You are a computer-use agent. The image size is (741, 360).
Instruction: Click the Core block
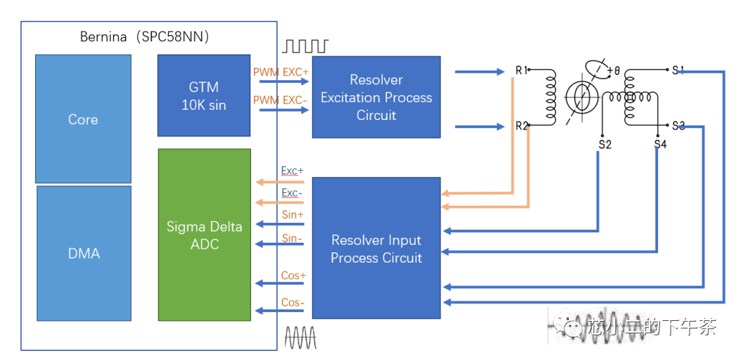coord(83,119)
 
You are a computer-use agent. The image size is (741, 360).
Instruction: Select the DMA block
coord(83,253)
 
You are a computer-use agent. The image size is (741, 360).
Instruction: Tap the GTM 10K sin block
coord(204,95)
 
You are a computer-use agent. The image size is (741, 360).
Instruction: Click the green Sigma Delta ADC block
coord(204,235)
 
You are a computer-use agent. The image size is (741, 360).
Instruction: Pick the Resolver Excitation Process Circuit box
coord(376,97)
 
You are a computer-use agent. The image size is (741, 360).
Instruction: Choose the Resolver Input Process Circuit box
coord(376,248)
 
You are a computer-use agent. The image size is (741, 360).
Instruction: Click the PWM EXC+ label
coord(281,72)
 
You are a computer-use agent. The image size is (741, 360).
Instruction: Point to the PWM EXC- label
coord(280,100)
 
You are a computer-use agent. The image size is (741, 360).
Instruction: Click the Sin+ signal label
coord(292,215)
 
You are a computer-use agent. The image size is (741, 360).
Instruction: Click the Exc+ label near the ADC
coord(292,170)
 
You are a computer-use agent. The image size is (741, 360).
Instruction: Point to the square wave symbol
coord(305,46)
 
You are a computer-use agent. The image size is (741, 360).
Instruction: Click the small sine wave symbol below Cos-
coord(301,337)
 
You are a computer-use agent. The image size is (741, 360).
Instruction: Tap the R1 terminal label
coord(521,70)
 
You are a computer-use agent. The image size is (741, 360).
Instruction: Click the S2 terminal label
coord(604,145)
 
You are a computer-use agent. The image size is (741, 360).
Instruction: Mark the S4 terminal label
coord(660,145)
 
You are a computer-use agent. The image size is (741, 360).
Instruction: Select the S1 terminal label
coord(679,70)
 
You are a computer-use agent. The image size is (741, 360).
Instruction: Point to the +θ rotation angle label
coord(613,70)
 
